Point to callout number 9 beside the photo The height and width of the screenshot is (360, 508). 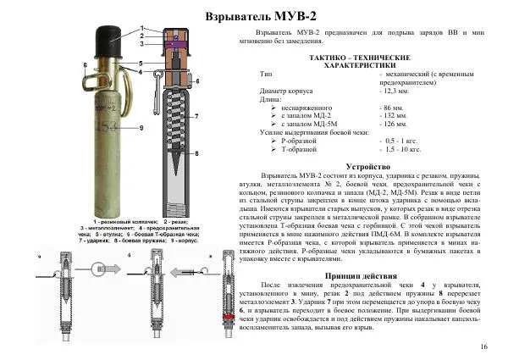141,126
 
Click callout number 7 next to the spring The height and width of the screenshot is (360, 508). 196,116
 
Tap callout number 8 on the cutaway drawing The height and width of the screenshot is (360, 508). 196,154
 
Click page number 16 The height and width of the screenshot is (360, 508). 483,347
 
